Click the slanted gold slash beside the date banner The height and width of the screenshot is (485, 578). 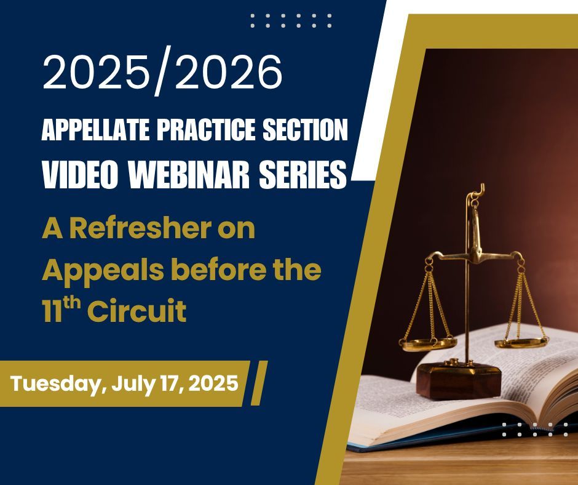259,383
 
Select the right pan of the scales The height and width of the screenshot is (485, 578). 521,340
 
